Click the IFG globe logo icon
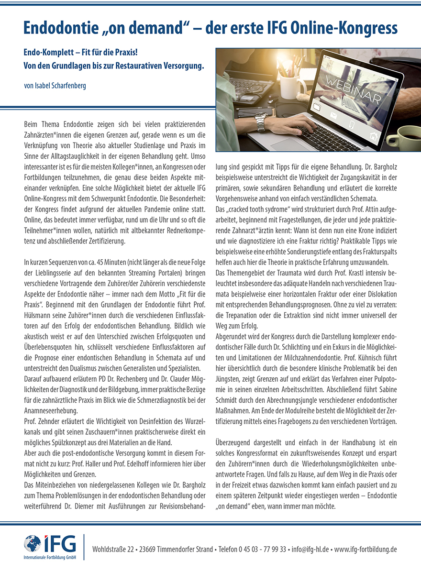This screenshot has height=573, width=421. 33,544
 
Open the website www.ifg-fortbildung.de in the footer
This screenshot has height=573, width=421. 366,549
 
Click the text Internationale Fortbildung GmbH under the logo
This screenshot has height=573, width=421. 50,558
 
